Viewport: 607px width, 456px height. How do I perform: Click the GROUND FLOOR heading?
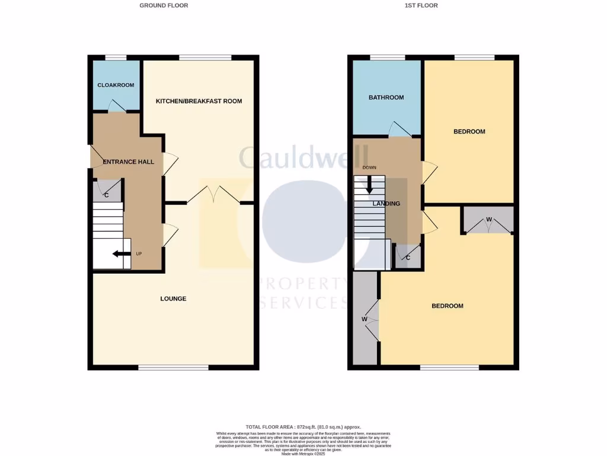tap(164, 5)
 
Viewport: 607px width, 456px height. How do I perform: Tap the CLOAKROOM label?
tap(116, 85)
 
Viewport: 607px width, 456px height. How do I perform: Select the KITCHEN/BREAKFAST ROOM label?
tap(199, 101)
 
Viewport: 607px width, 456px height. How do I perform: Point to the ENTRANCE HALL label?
tap(129, 161)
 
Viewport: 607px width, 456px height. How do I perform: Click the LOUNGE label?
tap(173, 299)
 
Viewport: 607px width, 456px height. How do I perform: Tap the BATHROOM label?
tap(386, 97)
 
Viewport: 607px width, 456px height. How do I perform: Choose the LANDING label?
tap(386, 204)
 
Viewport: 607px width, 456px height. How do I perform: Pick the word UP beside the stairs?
tap(139, 254)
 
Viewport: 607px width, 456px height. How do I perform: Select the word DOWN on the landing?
tap(369, 167)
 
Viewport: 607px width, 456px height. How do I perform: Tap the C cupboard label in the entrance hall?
tap(107, 195)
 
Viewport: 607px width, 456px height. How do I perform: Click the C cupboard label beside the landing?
tap(408, 257)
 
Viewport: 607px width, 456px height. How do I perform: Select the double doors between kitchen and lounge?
tap(213, 195)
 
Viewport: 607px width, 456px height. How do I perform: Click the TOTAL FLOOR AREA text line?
tap(303, 427)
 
